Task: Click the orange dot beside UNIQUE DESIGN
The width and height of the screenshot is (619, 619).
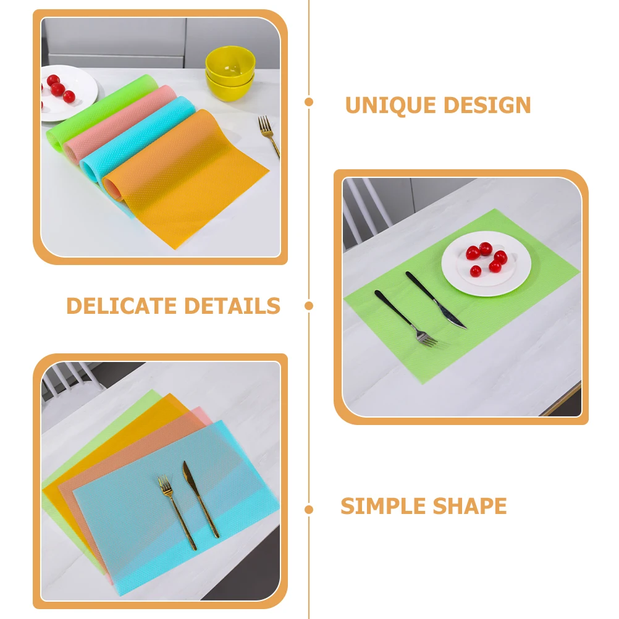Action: coord(309,102)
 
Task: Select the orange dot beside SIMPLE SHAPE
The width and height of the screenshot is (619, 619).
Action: coord(309,510)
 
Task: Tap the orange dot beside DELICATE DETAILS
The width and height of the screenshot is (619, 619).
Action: coord(309,305)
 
